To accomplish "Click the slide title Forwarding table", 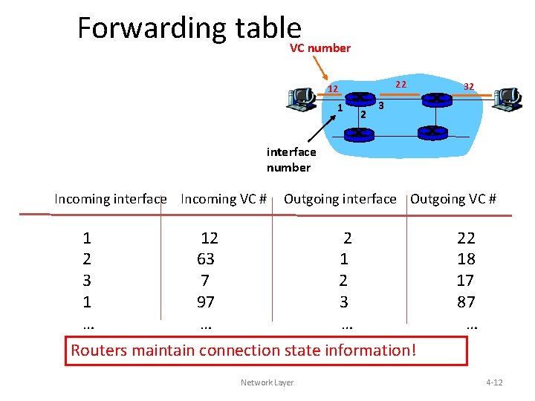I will point(189,28).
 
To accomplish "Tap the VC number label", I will point(320,48).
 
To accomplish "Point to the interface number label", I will point(291,160).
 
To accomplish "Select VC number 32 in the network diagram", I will point(469,87).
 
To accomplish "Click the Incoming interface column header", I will point(110,199).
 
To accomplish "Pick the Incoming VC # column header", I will point(223,199).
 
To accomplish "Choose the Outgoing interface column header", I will point(340,199).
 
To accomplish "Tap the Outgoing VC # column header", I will point(453,199).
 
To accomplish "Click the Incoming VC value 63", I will point(205,259).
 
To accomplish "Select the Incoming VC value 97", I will point(205,302).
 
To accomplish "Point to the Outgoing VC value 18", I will point(466,259).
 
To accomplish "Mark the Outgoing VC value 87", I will point(466,302).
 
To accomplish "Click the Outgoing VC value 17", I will point(466,281).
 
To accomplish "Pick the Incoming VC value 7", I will point(205,281).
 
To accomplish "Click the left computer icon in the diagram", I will point(302,98).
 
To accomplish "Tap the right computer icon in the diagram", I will point(509,97).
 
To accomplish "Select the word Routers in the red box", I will point(99,350).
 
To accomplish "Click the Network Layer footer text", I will point(267,382).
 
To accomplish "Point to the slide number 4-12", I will point(493,382).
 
